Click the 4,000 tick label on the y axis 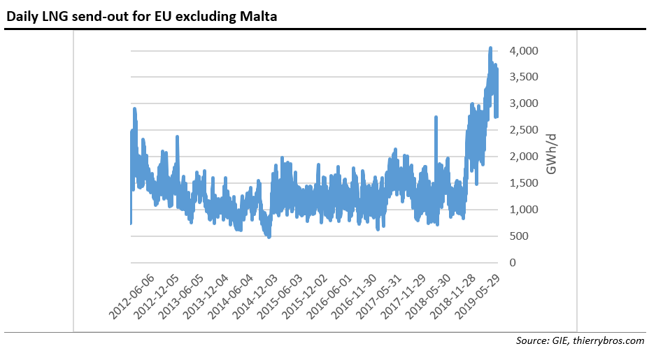523,51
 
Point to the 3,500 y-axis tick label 523,77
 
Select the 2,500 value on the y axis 523,130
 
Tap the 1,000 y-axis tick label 523,210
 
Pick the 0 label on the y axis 513,263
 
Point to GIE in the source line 559,340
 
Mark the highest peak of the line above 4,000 490,48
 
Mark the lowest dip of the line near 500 269,237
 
